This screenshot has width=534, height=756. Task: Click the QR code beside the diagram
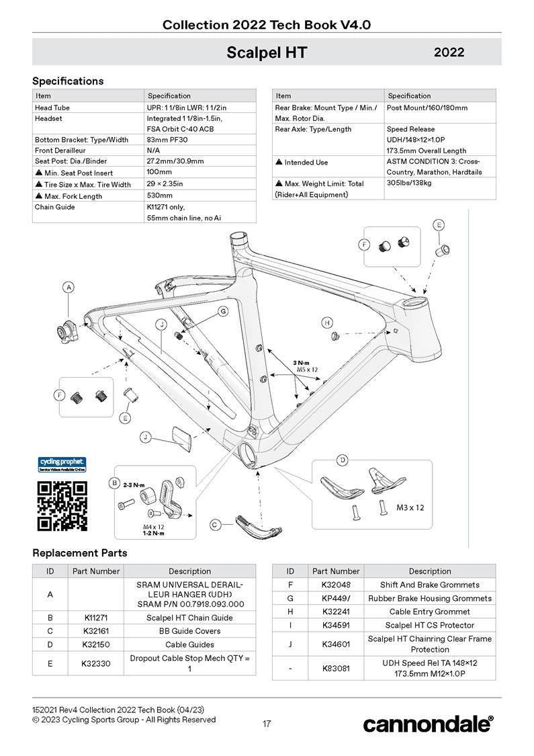(62, 505)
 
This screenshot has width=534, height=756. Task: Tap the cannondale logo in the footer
(428, 724)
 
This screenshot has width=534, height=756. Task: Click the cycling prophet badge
(61, 464)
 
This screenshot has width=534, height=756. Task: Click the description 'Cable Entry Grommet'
(429, 612)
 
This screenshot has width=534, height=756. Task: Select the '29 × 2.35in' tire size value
(165, 184)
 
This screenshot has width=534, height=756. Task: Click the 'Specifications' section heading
(68, 81)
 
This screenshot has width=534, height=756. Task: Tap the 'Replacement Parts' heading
(79, 553)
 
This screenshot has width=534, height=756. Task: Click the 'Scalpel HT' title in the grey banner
(267, 52)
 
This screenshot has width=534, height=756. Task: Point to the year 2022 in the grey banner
(449, 52)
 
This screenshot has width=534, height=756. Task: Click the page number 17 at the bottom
(267, 724)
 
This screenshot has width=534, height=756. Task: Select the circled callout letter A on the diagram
(69, 288)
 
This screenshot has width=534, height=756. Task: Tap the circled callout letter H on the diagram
(327, 323)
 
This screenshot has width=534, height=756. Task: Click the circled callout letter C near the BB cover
(215, 525)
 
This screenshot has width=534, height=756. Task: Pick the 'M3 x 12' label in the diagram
(410, 507)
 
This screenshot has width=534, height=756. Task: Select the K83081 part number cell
(336, 669)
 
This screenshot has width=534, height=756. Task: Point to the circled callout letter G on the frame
(222, 311)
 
